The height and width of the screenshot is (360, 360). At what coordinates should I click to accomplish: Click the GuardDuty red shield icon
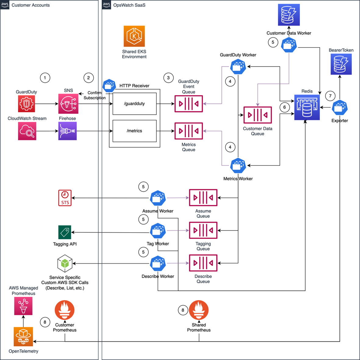(x=27, y=104)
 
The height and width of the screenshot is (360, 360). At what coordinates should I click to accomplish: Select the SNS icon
(x=68, y=104)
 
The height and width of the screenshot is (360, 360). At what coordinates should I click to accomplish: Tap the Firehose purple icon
(x=67, y=131)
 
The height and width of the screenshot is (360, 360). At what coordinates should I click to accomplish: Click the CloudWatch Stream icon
(x=27, y=131)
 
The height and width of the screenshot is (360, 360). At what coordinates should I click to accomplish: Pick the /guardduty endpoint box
(x=134, y=104)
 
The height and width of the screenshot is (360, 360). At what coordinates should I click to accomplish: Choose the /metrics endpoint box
(x=134, y=131)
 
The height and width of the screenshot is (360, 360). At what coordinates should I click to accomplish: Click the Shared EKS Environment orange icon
(x=134, y=36)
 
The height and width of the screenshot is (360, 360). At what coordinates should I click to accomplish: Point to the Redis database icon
(x=307, y=107)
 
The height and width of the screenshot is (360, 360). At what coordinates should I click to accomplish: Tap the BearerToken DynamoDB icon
(x=341, y=64)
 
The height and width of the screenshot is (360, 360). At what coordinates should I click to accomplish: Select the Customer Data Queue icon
(x=258, y=115)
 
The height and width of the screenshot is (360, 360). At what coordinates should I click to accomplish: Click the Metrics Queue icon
(x=189, y=131)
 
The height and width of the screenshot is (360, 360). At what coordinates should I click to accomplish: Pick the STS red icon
(x=65, y=198)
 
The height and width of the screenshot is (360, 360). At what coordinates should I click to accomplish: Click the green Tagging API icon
(x=65, y=232)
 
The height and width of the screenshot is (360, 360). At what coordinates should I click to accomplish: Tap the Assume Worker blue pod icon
(x=158, y=198)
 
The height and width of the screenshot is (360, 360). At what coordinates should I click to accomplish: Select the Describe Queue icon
(x=203, y=263)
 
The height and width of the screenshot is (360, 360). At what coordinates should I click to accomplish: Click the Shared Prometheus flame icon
(x=199, y=310)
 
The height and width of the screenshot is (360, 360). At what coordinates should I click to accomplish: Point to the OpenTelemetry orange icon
(x=23, y=337)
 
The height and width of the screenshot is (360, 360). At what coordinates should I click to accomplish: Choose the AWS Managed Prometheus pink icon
(x=23, y=306)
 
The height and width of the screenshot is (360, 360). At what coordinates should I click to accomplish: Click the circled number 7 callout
(x=330, y=96)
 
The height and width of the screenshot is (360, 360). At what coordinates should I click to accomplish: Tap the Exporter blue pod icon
(x=340, y=107)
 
